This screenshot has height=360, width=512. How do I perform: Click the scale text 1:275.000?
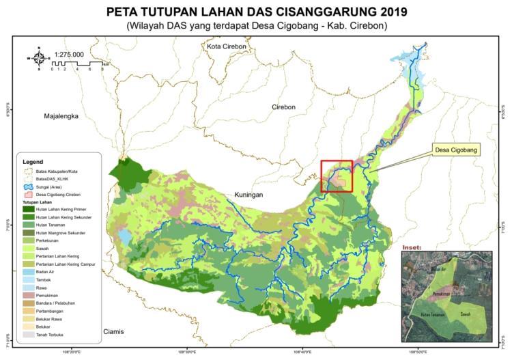point(69,54)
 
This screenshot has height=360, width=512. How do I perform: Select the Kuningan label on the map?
point(249,195)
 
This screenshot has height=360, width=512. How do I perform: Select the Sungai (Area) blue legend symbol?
point(27,186)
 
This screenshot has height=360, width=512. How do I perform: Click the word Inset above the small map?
point(413,247)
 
